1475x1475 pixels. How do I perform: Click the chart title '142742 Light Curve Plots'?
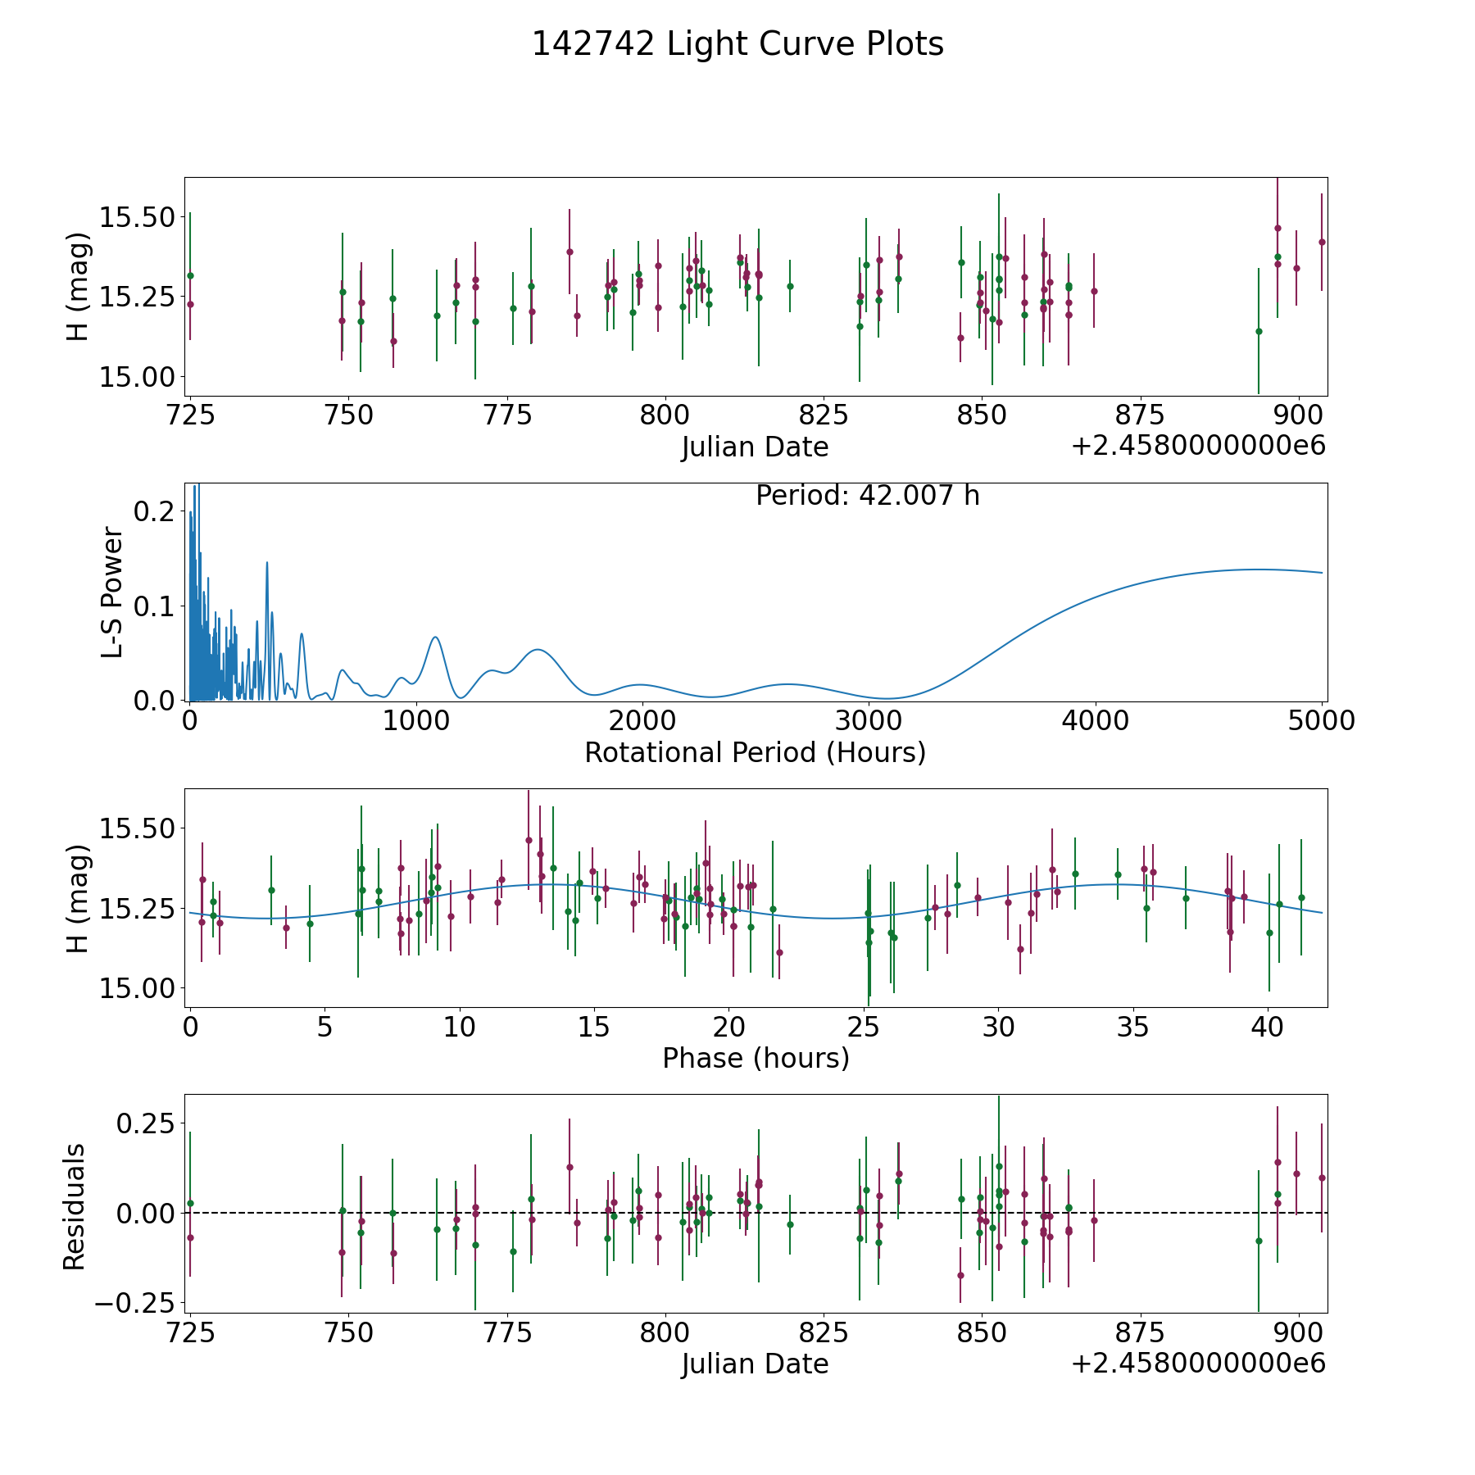[x=737, y=44]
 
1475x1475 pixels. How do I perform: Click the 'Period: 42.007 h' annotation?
[x=868, y=496]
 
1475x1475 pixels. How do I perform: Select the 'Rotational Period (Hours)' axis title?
[x=755, y=752]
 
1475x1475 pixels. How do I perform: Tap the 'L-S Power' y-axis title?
[x=112, y=592]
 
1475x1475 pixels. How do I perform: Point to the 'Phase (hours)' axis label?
[x=756, y=1058]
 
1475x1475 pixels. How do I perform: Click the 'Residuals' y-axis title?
[x=75, y=1207]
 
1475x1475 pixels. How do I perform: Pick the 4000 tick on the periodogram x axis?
[x=1095, y=720]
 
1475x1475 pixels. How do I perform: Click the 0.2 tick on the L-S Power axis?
[x=154, y=511]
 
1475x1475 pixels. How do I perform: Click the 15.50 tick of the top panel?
[x=137, y=218]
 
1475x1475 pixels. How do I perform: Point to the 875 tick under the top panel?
[x=1140, y=415]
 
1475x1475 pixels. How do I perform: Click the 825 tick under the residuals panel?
[x=824, y=1332]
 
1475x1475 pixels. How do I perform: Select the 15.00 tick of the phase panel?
[x=137, y=988]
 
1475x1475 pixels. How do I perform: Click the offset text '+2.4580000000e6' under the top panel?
[x=1198, y=446]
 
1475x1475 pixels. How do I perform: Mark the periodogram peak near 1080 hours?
[x=435, y=637]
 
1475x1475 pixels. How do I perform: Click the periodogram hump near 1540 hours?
[x=538, y=649]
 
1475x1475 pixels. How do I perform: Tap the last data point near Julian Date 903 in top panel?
[x=1321, y=242]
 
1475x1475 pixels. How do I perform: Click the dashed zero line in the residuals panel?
[x=756, y=1213]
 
